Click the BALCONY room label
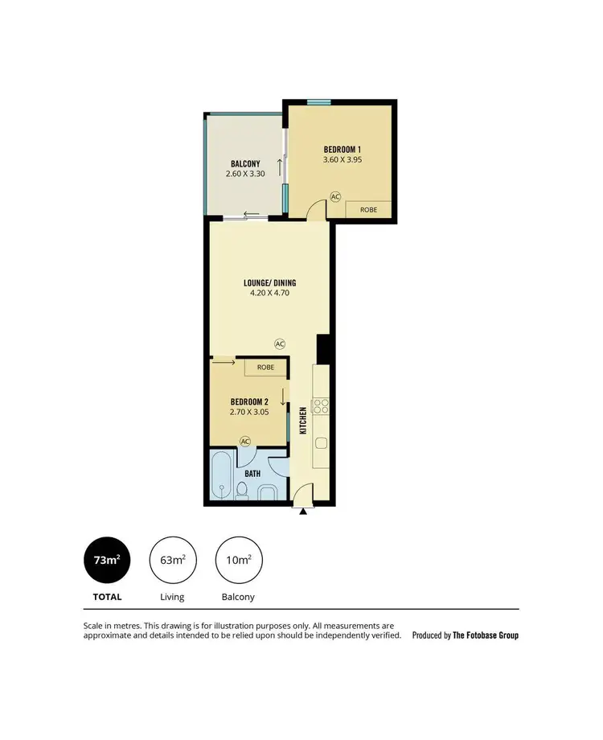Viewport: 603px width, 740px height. pos(245,163)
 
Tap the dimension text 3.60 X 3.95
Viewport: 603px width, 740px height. pos(343,159)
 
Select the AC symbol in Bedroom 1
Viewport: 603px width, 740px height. pos(335,196)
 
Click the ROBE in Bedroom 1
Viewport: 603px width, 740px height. pos(369,209)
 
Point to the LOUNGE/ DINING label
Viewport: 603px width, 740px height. pos(269,283)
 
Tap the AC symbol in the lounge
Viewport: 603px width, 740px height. pos(280,343)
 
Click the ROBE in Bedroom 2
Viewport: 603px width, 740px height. pos(265,367)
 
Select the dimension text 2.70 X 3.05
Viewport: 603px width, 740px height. pos(248,412)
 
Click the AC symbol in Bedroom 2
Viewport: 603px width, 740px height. pos(245,441)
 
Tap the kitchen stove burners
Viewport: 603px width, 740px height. pos(321,405)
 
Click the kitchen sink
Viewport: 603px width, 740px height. pos(321,442)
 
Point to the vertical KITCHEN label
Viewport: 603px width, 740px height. pos(303,421)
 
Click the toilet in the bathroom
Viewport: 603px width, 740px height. pos(244,490)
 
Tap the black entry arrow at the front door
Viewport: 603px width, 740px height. pos(302,511)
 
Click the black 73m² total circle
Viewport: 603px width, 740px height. pos(107,560)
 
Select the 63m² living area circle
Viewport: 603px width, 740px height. pos(173,560)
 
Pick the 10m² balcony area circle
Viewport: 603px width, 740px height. pos(239,560)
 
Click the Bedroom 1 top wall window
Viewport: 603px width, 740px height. pos(319,101)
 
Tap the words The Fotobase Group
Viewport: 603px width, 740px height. pos(486,635)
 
